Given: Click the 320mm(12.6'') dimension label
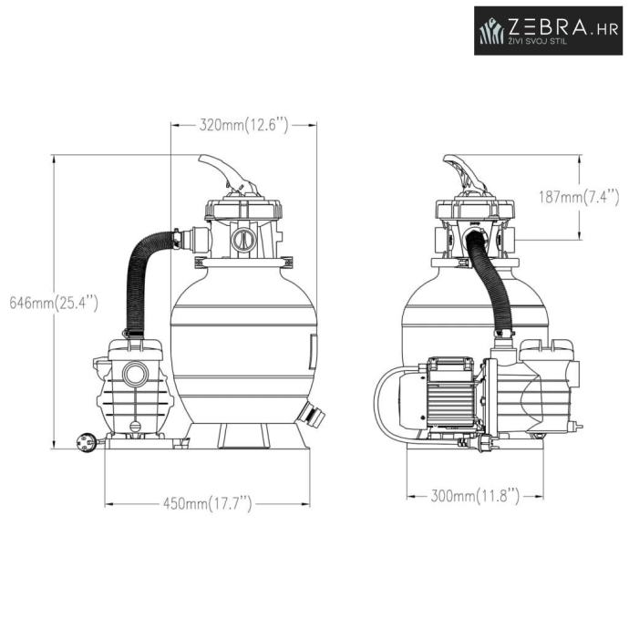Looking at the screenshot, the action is pos(244,125).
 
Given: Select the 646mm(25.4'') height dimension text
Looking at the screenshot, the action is pos(54,303).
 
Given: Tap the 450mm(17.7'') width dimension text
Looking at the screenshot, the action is pos(208,503).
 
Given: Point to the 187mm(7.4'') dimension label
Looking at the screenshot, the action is pos(579,197).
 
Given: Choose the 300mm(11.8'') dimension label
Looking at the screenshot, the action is pos(475,496).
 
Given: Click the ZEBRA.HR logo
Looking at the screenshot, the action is pos(549,30).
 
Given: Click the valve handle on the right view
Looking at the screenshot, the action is pos(465,173).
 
